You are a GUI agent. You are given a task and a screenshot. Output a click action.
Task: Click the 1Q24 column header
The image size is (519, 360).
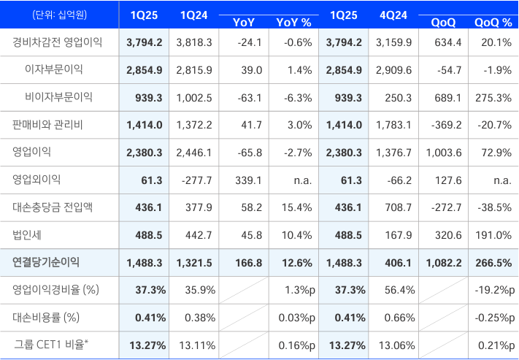click(194, 15)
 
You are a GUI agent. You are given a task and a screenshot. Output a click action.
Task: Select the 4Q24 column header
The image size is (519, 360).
click(393, 15)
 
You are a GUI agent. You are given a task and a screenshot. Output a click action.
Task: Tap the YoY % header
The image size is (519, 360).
click(293, 23)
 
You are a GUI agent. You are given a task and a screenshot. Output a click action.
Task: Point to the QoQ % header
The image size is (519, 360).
click(493, 23)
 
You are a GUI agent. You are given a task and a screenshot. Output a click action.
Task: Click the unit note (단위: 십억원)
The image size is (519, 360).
click(60, 15)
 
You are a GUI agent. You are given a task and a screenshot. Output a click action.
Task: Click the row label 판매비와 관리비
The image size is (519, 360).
click(47, 125)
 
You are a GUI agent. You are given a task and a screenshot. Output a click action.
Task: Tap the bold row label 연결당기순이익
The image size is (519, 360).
click(46, 262)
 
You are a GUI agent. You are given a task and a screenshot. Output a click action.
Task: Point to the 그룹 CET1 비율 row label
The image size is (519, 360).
click(51, 345)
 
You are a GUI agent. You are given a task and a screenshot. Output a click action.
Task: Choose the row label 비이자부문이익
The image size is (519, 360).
click(58, 97)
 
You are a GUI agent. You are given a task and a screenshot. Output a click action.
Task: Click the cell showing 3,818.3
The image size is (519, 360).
click(194, 43)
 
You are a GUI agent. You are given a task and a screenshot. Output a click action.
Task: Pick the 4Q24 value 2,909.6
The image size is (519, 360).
click(393, 70)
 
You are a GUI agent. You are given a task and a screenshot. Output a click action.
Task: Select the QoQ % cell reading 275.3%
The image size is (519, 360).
click(493, 98)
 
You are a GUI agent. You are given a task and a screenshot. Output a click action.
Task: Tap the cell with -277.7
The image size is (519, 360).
click(196, 180)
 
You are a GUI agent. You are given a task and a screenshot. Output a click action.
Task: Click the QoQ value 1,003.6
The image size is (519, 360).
click(443, 153)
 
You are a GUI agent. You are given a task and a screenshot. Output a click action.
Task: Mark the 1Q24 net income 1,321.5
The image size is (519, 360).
click(194, 263)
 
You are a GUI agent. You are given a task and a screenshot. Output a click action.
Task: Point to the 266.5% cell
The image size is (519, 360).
click(493, 263)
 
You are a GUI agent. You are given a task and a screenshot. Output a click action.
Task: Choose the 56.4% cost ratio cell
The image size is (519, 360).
click(399, 290)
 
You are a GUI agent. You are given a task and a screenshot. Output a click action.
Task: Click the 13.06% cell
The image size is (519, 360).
click(396, 345)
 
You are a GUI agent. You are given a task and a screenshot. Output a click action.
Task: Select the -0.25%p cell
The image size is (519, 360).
click(495, 318)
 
